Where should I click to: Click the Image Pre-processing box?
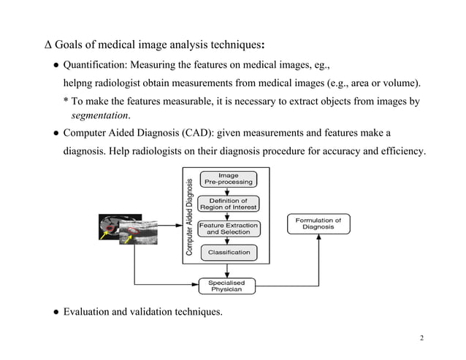coord(228,179)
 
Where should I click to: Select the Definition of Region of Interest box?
coord(228,204)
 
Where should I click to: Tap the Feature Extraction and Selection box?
coord(228,229)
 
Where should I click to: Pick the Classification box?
coord(228,253)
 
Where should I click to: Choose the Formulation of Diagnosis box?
coord(318,223)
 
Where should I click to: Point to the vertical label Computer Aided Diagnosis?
coord(190,217)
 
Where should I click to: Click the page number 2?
coord(422,339)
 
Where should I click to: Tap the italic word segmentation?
coord(100,115)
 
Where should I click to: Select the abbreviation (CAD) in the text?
coord(194,134)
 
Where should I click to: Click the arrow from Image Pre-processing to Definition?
coord(228,191)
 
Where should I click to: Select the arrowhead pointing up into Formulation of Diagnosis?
coord(318,238)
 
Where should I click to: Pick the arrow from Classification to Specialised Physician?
coord(228,269)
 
